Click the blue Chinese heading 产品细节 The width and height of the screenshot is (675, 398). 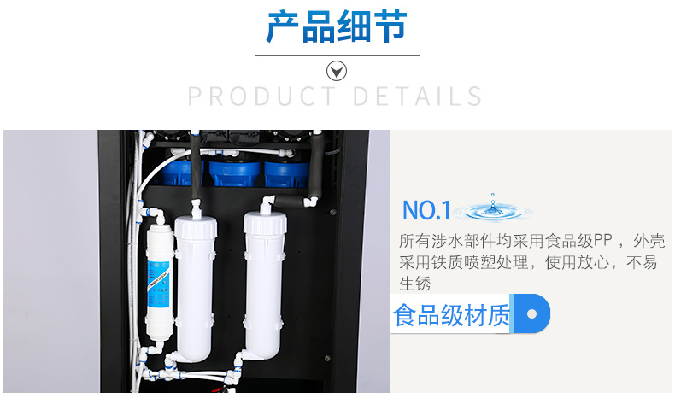337,26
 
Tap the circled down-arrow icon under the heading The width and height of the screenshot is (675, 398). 337,71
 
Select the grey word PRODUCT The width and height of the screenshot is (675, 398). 261,96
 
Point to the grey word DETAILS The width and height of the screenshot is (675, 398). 418,96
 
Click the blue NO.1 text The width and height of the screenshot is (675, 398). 426,210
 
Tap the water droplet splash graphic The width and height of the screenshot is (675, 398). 493,209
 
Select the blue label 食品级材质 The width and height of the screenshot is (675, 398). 452,315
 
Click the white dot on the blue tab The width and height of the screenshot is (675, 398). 531,313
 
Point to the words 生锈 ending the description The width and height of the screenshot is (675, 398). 415,284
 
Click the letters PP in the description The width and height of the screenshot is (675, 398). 602,241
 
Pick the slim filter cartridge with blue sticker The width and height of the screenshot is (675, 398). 159,282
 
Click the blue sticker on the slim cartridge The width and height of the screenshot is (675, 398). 159,284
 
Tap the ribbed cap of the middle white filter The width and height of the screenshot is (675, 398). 196,226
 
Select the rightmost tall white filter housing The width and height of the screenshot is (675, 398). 264,284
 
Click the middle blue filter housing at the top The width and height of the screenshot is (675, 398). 235,173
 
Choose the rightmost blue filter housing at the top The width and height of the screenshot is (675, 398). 287,173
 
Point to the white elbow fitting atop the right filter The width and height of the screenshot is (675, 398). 267,203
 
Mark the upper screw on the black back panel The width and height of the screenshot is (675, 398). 332,212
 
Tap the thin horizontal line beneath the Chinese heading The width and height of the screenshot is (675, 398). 337,55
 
